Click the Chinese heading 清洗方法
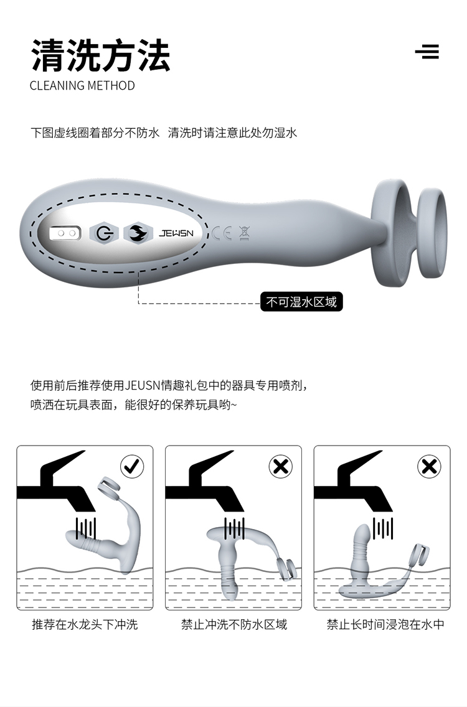[101, 56]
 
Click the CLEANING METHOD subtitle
[82, 86]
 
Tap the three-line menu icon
[427, 52]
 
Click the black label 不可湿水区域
[301, 302]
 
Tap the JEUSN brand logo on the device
[176, 233]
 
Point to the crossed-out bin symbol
[243, 233]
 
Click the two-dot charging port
[65, 233]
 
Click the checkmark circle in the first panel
[132, 467]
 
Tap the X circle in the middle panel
[281, 467]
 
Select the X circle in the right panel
[429, 467]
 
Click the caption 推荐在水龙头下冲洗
[85, 624]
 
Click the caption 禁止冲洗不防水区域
[233, 624]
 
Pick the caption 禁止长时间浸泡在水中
[385, 624]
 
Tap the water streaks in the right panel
[383, 528]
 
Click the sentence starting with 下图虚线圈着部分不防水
[164, 133]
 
